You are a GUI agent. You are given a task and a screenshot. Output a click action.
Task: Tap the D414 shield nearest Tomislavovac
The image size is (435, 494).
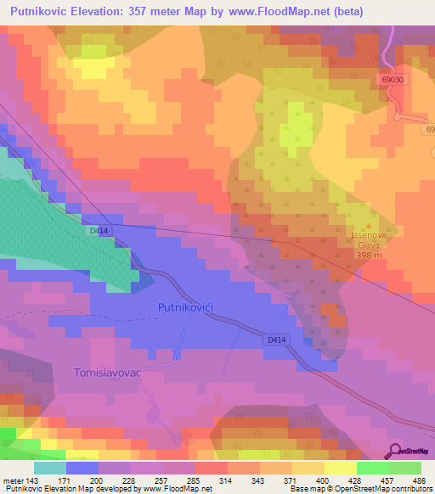[273, 340]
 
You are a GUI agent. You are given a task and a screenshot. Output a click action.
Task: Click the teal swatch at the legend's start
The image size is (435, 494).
[49, 468]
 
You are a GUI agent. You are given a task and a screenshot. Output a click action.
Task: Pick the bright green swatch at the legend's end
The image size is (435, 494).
[404, 468]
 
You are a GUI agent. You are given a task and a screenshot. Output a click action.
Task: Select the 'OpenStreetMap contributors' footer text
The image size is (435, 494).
[378, 488]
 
